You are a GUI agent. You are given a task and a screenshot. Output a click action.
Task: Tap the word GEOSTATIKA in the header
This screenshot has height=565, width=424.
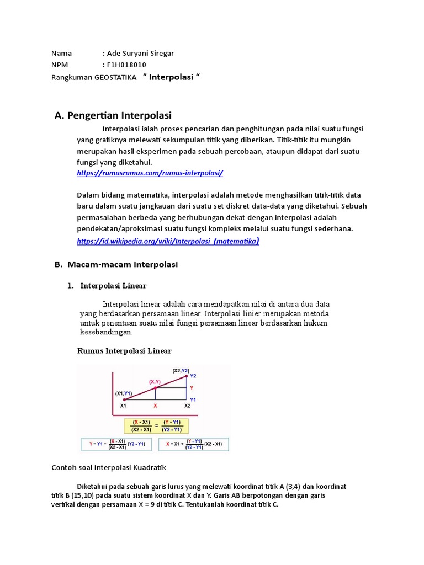pyautogui.click(x=115, y=78)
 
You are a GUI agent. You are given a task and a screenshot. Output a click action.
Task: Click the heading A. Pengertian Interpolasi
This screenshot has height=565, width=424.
pyautogui.click(x=113, y=115)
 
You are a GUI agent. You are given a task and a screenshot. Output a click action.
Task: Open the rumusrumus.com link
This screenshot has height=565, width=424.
pyautogui.click(x=150, y=173)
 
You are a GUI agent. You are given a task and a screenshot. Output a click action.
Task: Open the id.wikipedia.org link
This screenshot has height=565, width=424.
pyautogui.click(x=168, y=241)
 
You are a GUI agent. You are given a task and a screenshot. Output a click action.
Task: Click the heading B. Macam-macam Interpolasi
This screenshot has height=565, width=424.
pyautogui.click(x=116, y=265)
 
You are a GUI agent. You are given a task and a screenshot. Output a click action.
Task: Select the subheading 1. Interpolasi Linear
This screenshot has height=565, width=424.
pyautogui.click(x=113, y=286)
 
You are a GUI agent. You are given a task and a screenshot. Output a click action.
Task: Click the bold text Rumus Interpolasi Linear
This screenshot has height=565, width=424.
pyautogui.click(x=124, y=351)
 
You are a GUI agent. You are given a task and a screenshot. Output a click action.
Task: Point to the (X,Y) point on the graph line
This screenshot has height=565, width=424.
pyautogui.click(x=155, y=388)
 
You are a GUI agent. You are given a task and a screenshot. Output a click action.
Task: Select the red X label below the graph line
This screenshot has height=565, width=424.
pyautogui.click(x=155, y=406)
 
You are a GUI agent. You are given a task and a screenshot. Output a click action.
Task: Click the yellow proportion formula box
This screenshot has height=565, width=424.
pyautogui.click(x=156, y=425)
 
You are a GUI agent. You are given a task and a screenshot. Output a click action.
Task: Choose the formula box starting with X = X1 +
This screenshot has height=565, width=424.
pyautogui.click(x=193, y=444)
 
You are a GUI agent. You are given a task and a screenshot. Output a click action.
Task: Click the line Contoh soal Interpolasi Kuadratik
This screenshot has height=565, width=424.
pyautogui.click(x=109, y=467)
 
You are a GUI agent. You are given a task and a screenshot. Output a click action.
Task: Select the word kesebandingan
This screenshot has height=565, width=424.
pyautogui.click(x=106, y=332)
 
